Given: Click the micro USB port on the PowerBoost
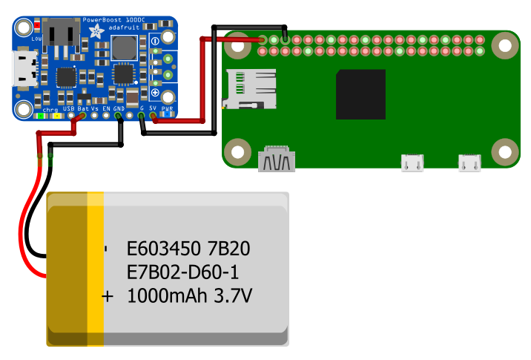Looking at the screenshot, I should [24, 67].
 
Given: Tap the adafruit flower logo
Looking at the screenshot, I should [96, 32].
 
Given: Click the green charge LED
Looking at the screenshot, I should [37, 116].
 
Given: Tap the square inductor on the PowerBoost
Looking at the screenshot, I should [122, 48].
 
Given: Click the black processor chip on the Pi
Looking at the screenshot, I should [360, 94].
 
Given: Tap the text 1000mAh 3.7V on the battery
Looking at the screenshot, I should [190, 296].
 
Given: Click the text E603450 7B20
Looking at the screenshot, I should [188, 247].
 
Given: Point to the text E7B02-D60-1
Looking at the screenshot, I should [182, 271].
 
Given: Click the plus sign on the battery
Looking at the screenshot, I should [108, 296].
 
